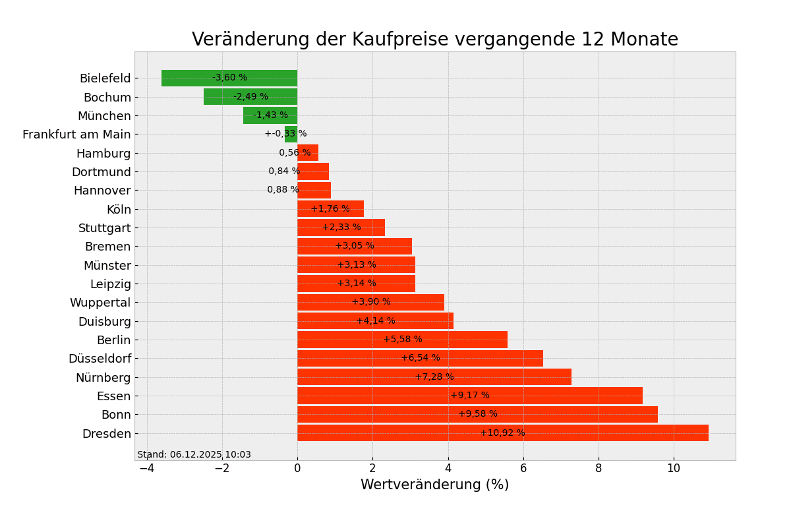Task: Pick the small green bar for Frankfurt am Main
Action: click(291, 134)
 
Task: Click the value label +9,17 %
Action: click(470, 396)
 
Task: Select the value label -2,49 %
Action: click(250, 97)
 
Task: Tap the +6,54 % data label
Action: click(421, 358)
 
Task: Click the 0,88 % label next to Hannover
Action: click(283, 190)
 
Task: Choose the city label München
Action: click(104, 116)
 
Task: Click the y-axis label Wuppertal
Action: click(100, 303)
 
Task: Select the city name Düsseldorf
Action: click(100, 359)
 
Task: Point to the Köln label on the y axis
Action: click(119, 210)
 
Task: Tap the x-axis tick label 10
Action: click(674, 468)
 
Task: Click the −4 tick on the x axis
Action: click(146, 468)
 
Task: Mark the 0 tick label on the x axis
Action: click(297, 468)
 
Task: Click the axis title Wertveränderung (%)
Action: click(434, 485)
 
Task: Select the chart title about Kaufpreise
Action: click(434, 40)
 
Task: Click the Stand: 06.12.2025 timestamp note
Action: click(194, 455)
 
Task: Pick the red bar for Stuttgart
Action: click(341, 227)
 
